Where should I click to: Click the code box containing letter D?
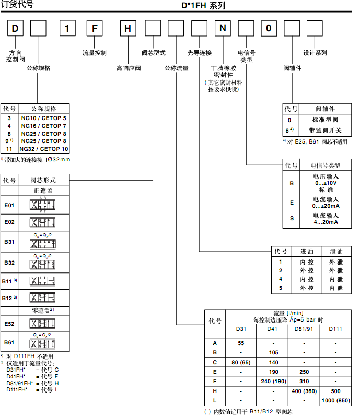[x=15, y=28]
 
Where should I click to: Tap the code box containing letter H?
[x=129, y=28]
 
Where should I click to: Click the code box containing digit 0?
[x=269, y=28]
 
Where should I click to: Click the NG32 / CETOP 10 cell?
[x=44, y=149]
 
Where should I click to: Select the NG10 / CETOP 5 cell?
[x=44, y=118]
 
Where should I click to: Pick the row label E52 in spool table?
[x=9, y=324]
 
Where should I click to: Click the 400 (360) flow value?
[x=304, y=391]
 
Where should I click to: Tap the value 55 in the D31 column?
[x=241, y=343]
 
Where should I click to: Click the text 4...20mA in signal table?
[x=326, y=222]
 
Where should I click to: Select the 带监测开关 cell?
[x=325, y=129]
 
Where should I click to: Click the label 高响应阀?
[x=129, y=68]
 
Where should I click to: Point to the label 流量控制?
[x=95, y=53]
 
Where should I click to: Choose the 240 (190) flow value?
[x=272, y=382]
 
